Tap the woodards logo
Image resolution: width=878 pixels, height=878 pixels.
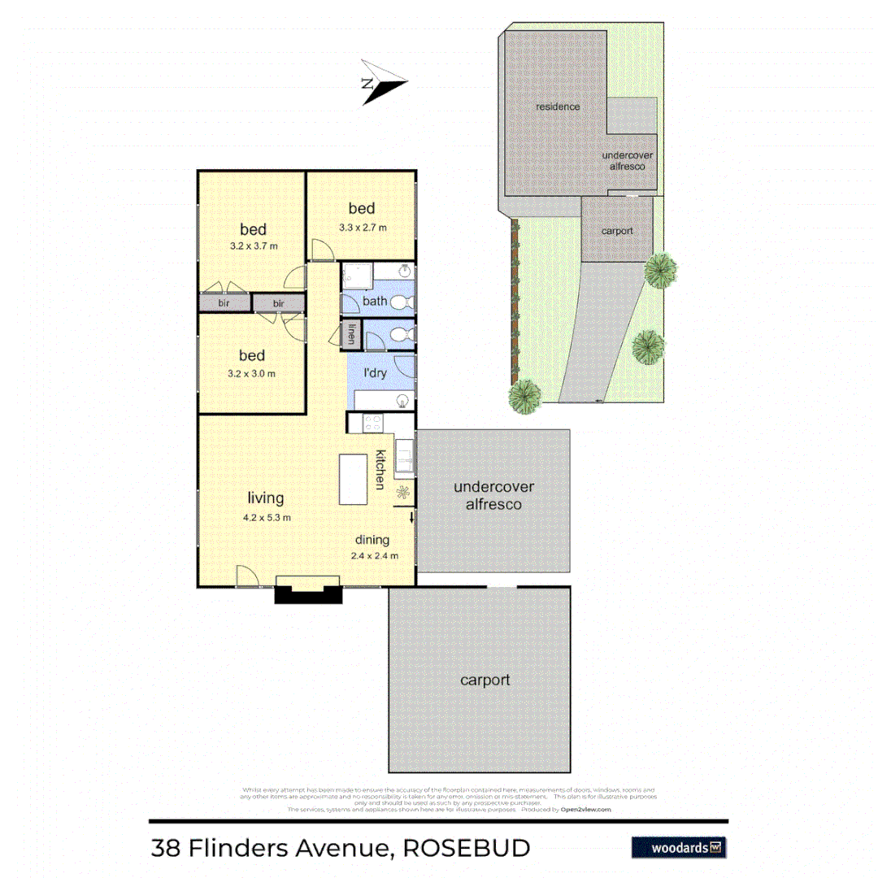point(679,847)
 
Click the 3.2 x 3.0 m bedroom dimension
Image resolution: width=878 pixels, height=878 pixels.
point(252,374)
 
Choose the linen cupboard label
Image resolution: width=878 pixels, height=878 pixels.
point(352,333)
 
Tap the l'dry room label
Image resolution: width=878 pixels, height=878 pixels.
point(375,373)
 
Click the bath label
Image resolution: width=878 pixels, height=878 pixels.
point(375,301)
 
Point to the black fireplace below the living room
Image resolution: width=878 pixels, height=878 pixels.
point(307,594)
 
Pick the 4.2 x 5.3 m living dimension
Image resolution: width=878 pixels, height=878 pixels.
point(266,517)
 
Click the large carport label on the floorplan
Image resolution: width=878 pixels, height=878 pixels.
point(485,680)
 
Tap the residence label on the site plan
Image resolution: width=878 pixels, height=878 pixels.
point(558,106)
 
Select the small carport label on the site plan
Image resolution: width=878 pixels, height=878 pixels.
point(617,231)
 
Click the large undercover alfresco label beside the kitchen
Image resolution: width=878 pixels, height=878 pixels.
point(493,496)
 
